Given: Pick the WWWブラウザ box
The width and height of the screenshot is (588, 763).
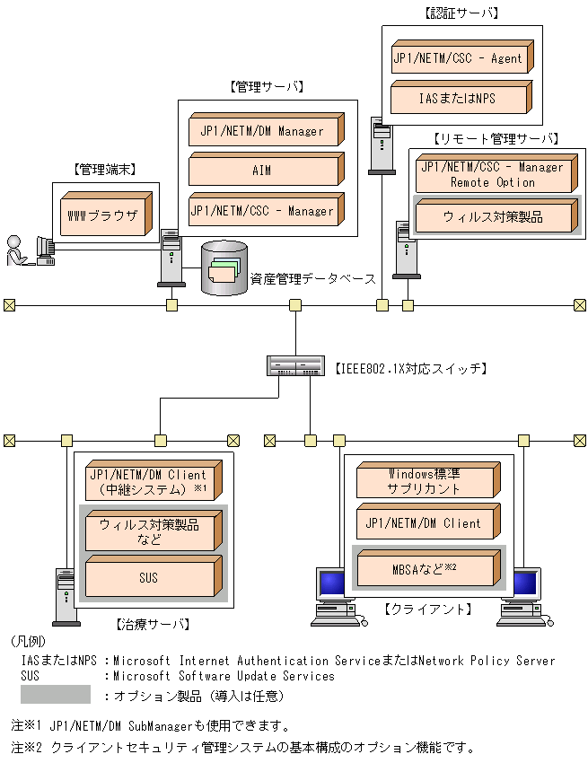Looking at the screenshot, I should click(104, 216).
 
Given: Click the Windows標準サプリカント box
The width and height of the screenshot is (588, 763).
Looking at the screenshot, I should click(426, 482).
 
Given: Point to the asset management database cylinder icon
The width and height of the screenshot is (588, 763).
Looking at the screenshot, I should click(224, 268).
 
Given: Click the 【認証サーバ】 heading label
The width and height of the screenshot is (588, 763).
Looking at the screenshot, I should click(461, 13).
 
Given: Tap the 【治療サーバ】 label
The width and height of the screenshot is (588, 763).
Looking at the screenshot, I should click(153, 622).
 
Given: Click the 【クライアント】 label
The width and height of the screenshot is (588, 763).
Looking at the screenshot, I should click(428, 609).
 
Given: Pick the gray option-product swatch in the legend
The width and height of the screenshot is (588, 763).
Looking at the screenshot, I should click(56, 694).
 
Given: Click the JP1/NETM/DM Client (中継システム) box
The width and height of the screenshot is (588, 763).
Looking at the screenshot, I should click(150, 483).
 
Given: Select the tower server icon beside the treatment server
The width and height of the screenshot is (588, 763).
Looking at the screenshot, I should click(64, 595).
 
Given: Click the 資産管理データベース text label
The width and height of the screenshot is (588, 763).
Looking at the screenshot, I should click(312, 279).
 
